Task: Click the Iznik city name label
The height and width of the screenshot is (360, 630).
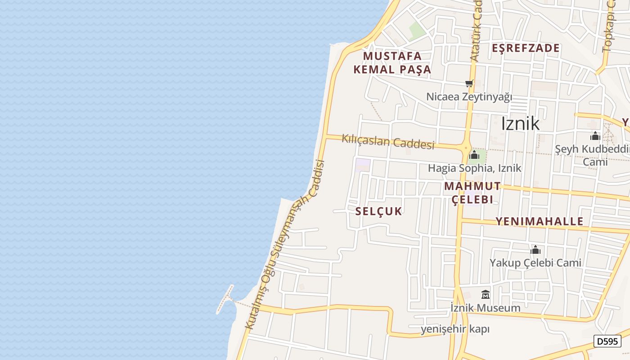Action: point(520,123)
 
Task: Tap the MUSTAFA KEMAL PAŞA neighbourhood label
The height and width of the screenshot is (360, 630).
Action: point(392,63)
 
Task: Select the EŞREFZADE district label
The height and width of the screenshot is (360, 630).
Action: point(526,48)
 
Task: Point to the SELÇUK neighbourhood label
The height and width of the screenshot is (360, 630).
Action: point(378,211)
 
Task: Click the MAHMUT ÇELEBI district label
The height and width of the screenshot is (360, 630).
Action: point(472,193)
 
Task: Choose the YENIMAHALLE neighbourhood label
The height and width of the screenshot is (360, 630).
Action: point(539,221)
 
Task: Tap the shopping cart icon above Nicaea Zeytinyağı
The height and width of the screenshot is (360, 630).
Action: point(469,83)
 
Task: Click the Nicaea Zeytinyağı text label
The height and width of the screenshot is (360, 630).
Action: point(469,97)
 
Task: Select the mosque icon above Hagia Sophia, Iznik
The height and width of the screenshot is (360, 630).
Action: point(474,155)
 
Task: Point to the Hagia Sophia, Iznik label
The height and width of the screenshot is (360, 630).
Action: point(474,168)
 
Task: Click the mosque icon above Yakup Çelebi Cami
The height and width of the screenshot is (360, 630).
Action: point(535,250)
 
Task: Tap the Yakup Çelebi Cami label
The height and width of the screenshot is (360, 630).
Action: point(535,262)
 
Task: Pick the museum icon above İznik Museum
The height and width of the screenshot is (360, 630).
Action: point(486,295)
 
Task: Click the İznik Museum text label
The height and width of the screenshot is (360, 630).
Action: point(486,308)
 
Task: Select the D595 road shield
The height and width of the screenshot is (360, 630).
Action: point(607,341)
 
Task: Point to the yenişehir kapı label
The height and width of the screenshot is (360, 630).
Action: point(454,329)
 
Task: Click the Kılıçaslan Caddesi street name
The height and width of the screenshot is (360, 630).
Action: point(388,141)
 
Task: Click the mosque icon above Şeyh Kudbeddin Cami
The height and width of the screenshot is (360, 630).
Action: point(595,136)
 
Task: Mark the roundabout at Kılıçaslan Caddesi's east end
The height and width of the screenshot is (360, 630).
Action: point(464,147)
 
